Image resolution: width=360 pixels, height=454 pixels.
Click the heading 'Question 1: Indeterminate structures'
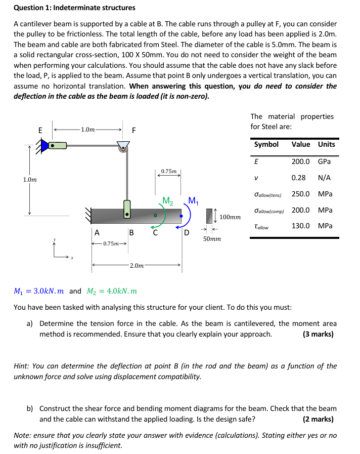tap(74, 8)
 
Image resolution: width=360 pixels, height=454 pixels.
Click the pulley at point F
tap(123, 146)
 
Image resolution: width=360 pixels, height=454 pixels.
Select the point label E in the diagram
tap(40, 130)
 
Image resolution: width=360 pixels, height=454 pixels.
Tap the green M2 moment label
tap(168, 200)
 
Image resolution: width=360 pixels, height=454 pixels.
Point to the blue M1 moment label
tap(193, 200)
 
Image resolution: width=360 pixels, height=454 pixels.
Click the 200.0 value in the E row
tap(301, 161)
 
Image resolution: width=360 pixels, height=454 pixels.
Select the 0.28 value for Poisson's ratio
tap(299, 178)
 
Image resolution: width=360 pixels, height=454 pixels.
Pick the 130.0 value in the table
tap(301, 226)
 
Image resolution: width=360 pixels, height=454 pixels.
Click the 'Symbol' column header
tap(266, 144)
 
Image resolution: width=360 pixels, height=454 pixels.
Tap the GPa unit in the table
tap(324, 161)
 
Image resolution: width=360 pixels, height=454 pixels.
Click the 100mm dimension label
tap(230, 217)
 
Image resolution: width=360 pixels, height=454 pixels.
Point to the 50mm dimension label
tap(211, 238)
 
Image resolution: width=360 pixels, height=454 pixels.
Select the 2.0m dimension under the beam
tap(137, 265)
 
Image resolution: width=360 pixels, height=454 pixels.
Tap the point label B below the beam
tap(131, 233)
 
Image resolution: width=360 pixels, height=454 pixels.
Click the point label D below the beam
tap(186, 233)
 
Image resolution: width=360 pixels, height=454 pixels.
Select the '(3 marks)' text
tap(318, 334)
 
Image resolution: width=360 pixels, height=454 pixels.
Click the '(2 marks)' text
tap(318, 419)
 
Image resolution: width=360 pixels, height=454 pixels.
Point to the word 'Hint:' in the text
tap(22, 366)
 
